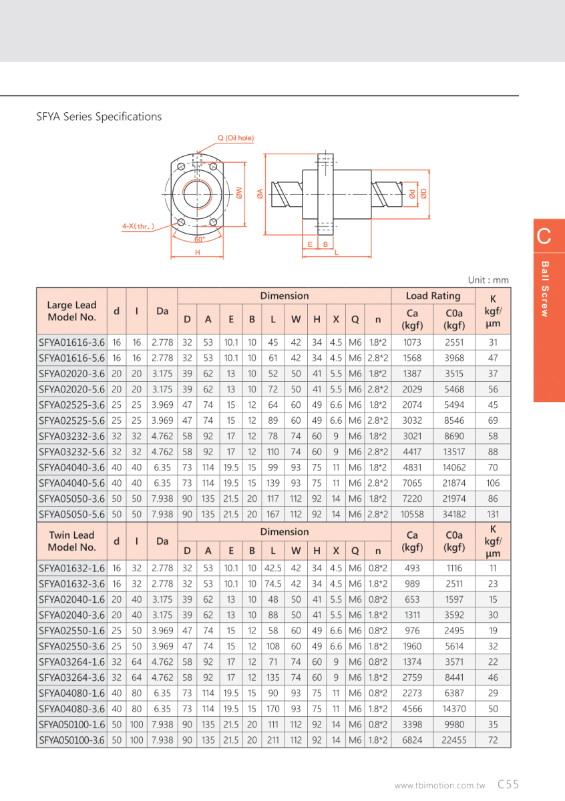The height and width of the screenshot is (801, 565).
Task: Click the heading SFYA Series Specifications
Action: point(99,117)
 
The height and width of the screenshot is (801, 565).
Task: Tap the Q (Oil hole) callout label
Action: point(235,138)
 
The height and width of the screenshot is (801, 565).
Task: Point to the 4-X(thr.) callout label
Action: point(138,226)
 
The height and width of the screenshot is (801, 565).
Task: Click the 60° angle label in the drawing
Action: point(199,239)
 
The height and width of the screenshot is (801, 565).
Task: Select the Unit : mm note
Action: point(488,280)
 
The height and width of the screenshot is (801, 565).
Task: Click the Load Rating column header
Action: point(433,296)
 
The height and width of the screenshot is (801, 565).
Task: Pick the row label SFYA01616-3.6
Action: point(71,342)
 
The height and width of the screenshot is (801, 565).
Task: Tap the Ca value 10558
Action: point(412,514)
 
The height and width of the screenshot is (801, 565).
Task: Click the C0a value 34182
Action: point(454,514)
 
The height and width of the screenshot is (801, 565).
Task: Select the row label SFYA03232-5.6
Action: point(71,451)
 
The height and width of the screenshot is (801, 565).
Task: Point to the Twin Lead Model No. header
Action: point(71,541)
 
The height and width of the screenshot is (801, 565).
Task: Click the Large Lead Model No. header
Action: point(71,311)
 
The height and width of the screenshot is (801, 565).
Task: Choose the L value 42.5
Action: point(272,568)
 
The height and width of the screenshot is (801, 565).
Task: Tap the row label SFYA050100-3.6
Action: point(71,740)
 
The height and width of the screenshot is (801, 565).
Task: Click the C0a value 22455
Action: point(454,740)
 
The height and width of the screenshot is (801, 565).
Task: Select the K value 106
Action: point(493,483)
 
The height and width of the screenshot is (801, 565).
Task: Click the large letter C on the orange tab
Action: point(544,236)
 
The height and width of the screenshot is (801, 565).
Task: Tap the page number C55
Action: point(508,785)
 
